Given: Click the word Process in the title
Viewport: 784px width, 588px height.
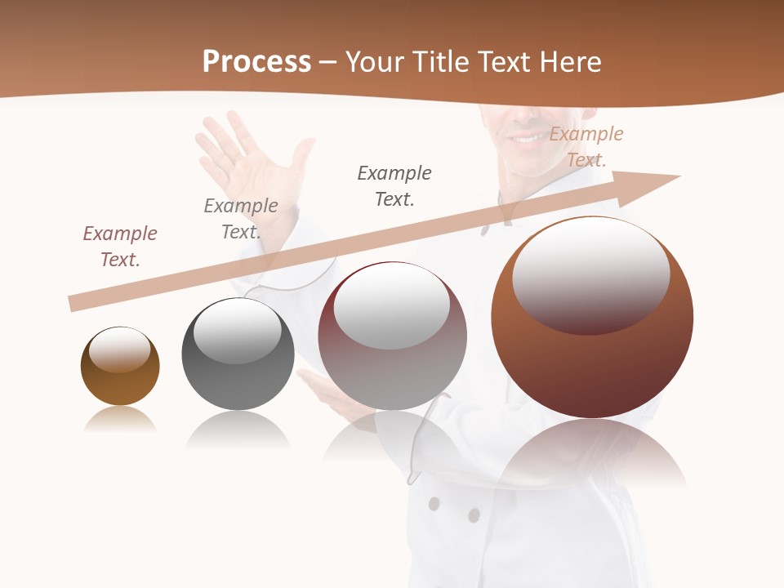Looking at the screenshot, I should [256, 62].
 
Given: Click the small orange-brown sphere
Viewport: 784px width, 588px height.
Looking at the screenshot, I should [120, 367].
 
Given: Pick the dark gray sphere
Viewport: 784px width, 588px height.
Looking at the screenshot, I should [238, 354].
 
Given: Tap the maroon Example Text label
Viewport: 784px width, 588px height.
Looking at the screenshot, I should [120, 246].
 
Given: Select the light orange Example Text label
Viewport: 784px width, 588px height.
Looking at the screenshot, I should [586, 146].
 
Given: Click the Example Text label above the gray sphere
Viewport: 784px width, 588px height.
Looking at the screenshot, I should [241, 218].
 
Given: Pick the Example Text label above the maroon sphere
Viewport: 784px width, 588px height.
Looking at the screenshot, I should [394, 185].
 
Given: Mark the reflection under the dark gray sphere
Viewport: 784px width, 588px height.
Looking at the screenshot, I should [238, 430].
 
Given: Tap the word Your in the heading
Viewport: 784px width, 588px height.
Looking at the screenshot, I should [373, 62].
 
